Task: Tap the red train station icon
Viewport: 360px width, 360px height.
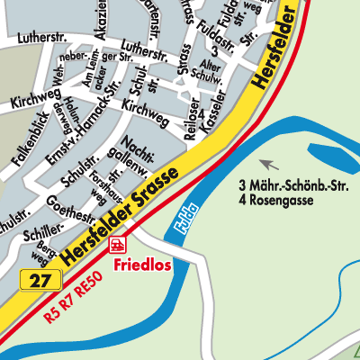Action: (116, 244)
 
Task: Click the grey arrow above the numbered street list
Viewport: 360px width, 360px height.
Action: (267, 163)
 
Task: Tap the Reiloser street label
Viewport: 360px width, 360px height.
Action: (190, 118)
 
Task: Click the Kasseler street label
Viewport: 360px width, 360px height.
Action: (213, 112)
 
